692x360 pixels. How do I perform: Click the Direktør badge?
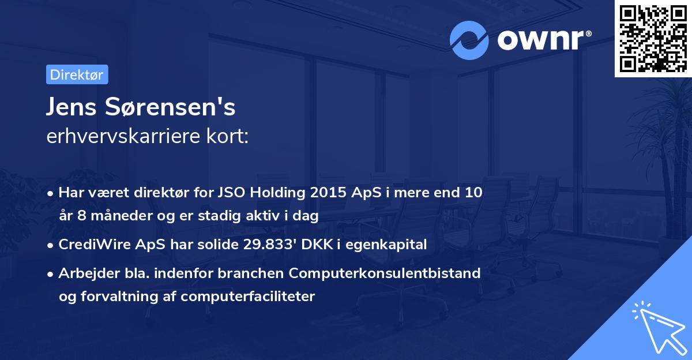tap(77, 74)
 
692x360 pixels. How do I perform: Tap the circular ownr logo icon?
tap(469, 40)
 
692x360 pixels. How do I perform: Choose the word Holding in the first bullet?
tap(274, 193)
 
